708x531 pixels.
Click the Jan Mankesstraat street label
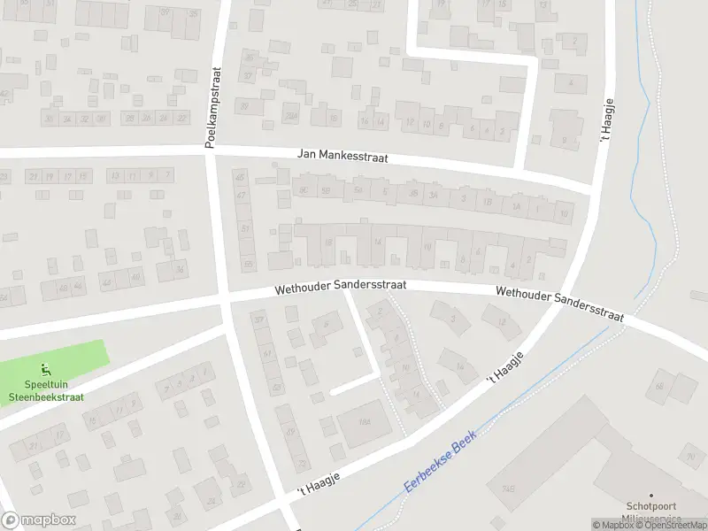(342, 158)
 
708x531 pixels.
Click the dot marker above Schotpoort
(651, 496)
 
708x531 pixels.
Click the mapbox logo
(38, 519)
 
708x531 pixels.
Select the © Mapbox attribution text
(614, 525)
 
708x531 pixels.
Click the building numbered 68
(659, 386)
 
